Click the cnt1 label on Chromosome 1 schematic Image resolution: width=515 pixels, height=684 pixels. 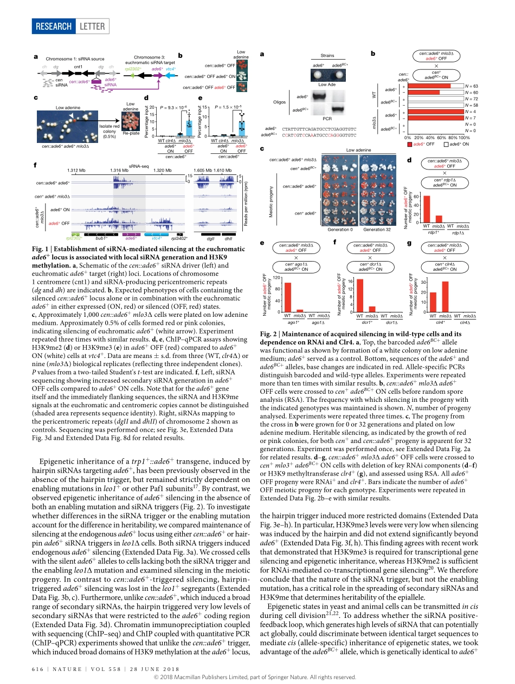click(x=78, y=67)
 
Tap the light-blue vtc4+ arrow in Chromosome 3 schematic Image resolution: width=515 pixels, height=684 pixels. click(x=170, y=76)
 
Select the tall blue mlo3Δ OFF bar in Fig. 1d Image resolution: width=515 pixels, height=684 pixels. click(x=189, y=125)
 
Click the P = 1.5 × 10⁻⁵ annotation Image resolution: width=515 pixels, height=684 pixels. click(x=228, y=107)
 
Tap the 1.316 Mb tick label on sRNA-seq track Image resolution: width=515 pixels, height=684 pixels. click(x=119, y=171)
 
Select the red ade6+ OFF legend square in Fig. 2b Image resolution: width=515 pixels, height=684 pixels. click(x=410, y=144)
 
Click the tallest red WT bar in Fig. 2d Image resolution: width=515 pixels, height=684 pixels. click(x=427, y=209)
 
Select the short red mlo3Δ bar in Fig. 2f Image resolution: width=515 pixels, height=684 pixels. click(x=372, y=309)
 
